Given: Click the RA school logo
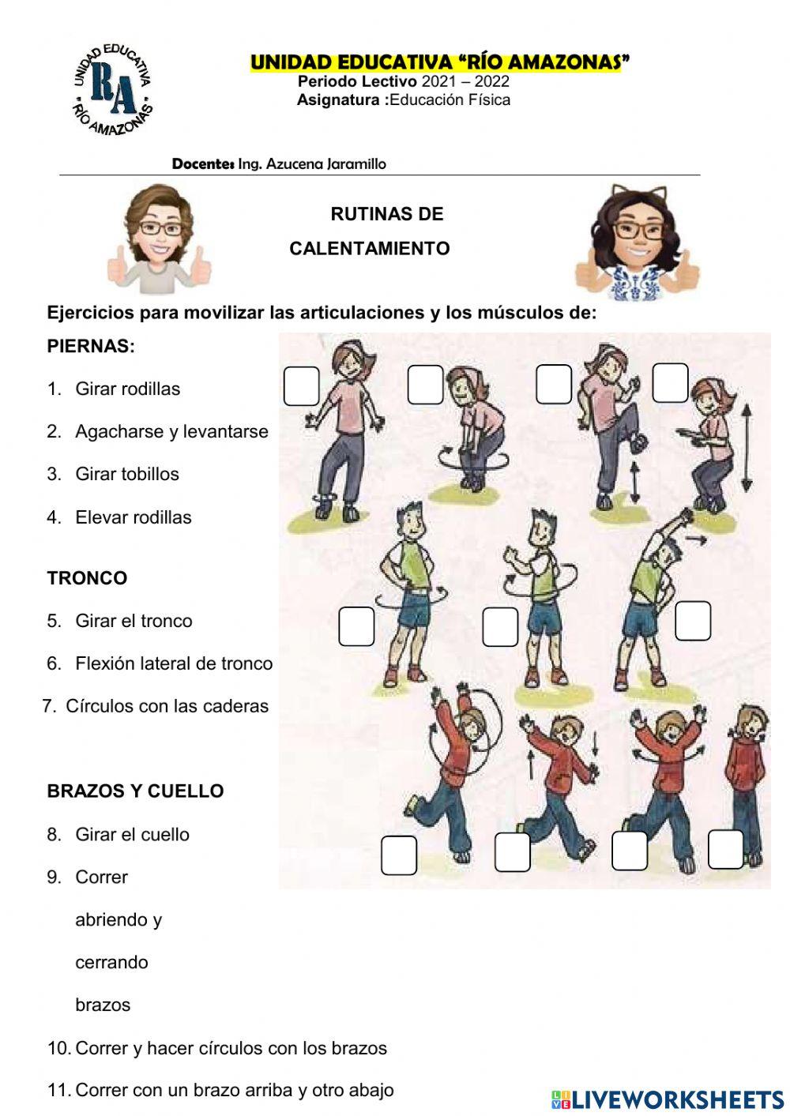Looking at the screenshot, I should coord(112,90).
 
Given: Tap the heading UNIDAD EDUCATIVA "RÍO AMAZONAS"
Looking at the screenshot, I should coord(439,62).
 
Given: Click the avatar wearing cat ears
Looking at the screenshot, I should coord(637,242).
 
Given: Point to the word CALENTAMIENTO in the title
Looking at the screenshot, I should coord(370,249).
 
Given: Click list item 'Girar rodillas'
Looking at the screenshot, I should coord(127,389).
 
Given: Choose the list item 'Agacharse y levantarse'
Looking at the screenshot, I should coord(171,431).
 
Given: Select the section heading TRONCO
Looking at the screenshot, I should coord(87,578).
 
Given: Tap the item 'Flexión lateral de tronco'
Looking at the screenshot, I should coord(173,663).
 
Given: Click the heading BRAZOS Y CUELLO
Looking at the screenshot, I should coord(135,791).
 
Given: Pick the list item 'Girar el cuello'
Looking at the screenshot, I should coord(132,834).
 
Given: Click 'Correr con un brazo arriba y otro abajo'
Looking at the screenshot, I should coord(234,1090).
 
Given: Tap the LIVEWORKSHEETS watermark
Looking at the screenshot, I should coord(668,1099).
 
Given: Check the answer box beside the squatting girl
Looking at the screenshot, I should coord(670,383).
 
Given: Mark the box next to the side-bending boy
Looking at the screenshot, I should coord(693,621).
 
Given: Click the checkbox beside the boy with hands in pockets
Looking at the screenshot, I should coord(725,850).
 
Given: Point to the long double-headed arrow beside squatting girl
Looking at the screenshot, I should coord(746,447).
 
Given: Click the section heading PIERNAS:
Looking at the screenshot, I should coord(91,346).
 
